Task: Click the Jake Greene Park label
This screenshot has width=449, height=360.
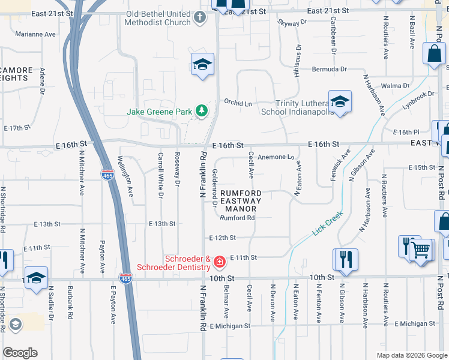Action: tap(159, 112)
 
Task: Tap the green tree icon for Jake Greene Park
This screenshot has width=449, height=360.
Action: tap(202, 111)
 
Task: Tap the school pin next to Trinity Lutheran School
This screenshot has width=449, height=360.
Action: tap(340, 101)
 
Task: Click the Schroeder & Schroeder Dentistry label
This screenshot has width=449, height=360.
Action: tap(171, 263)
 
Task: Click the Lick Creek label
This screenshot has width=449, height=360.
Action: tap(327, 223)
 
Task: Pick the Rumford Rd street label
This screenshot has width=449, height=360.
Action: tap(237, 218)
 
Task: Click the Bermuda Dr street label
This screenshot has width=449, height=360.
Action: tap(330, 70)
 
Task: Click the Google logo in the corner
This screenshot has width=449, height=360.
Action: tap(20, 353)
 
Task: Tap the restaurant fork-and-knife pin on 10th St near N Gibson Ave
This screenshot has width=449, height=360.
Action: tap(346, 259)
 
